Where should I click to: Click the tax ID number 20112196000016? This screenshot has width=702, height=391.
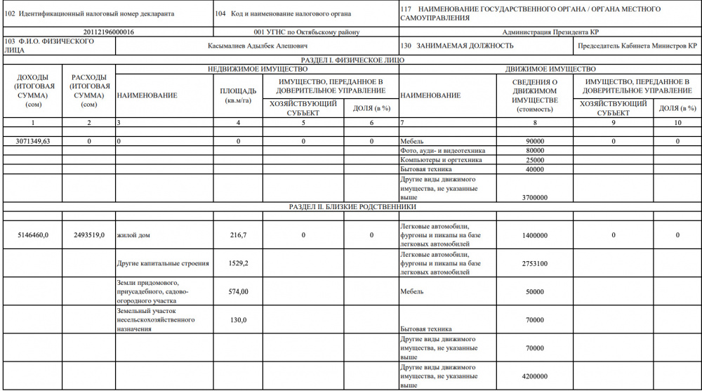(x=108, y=32)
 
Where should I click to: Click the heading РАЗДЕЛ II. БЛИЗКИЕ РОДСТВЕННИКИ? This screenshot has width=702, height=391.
(x=353, y=208)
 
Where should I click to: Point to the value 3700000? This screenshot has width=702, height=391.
(x=536, y=198)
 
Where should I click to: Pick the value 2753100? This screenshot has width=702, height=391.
(x=536, y=264)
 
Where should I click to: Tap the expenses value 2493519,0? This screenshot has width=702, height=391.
(x=89, y=235)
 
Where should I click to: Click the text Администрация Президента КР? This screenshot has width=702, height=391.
(x=550, y=32)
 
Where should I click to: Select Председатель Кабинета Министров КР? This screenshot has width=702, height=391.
(x=637, y=46)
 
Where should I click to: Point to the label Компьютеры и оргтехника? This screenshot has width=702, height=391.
(x=441, y=160)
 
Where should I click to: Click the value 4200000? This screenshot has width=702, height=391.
(x=536, y=376)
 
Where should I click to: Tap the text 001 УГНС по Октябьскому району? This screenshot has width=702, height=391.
(x=305, y=32)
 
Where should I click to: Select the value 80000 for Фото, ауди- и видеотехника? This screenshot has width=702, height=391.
(x=536, y=151)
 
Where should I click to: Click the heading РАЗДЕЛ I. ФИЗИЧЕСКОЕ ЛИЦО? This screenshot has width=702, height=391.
(x=352, y=60)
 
